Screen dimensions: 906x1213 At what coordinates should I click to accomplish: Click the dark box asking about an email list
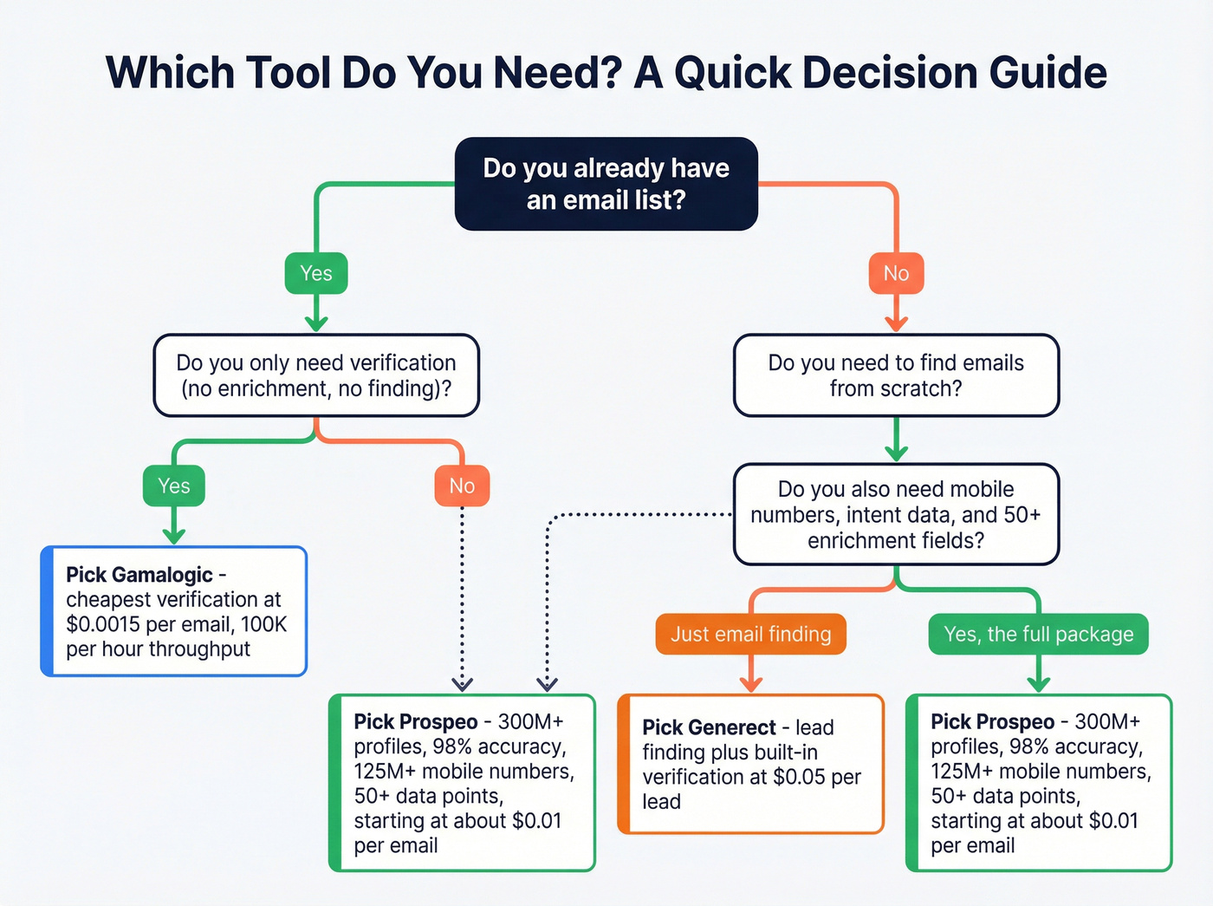coord(606,184)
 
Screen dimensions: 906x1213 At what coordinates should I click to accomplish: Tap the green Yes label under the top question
coord(316,273)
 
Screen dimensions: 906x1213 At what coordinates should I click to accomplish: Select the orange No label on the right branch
coord(896,273)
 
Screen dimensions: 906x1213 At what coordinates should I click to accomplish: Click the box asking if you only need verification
coord(316,375)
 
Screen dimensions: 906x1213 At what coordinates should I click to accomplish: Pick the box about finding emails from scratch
coord(896,375)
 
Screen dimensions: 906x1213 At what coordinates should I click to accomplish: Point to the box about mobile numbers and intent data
coord(896,515)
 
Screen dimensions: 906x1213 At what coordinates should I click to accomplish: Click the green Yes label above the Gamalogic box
coord(174,486)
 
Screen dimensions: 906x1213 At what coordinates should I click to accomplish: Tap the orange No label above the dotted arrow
coord(462,486)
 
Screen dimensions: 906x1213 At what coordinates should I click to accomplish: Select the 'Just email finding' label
coord(750,635)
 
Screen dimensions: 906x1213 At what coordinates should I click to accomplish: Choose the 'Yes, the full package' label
coord(1038,635)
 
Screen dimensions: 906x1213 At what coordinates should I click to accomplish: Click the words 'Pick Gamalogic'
coord(139,575)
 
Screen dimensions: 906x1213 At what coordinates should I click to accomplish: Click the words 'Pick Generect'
coord(709,727)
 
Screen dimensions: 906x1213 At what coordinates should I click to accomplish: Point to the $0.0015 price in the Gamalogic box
coord(103,624)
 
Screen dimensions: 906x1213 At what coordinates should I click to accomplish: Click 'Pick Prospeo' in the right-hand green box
coord(992,721)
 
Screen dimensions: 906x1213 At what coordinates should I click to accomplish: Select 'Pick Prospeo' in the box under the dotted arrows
coord(415,721)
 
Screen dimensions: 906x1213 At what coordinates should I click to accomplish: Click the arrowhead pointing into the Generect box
coord(751,684)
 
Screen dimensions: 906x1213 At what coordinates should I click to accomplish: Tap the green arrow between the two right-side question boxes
coord(896,440)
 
